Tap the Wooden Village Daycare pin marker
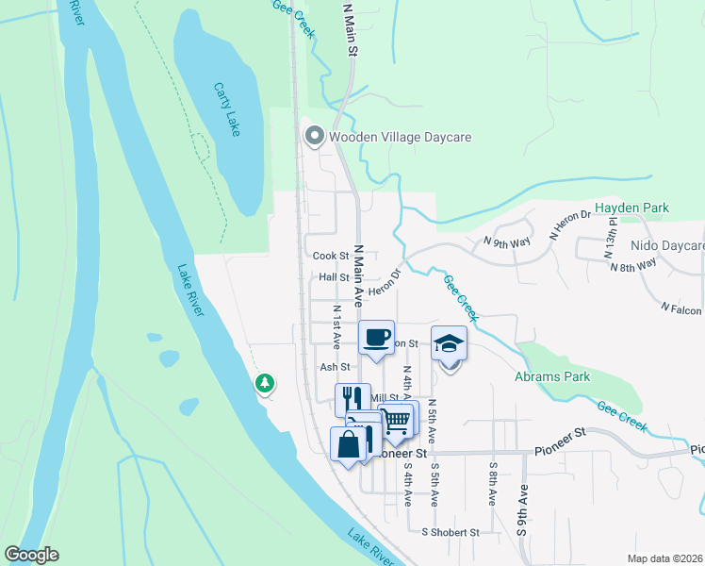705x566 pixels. pyautogui.click(x=314, y=137)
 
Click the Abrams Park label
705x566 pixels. pyautogui.click(x=552, y=376)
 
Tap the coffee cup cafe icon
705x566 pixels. pyautogui.click(x=377, y=337)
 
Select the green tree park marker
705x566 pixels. pyautogui.click(x=265, y=382)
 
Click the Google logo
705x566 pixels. pyautogui.click(x=31, y=555)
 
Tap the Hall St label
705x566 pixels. pyautogui.click(x=334, y=277)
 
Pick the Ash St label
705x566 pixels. pyautogui.click(x=335, y=367)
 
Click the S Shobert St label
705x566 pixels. pyautogui.click(x=451, y=532)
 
